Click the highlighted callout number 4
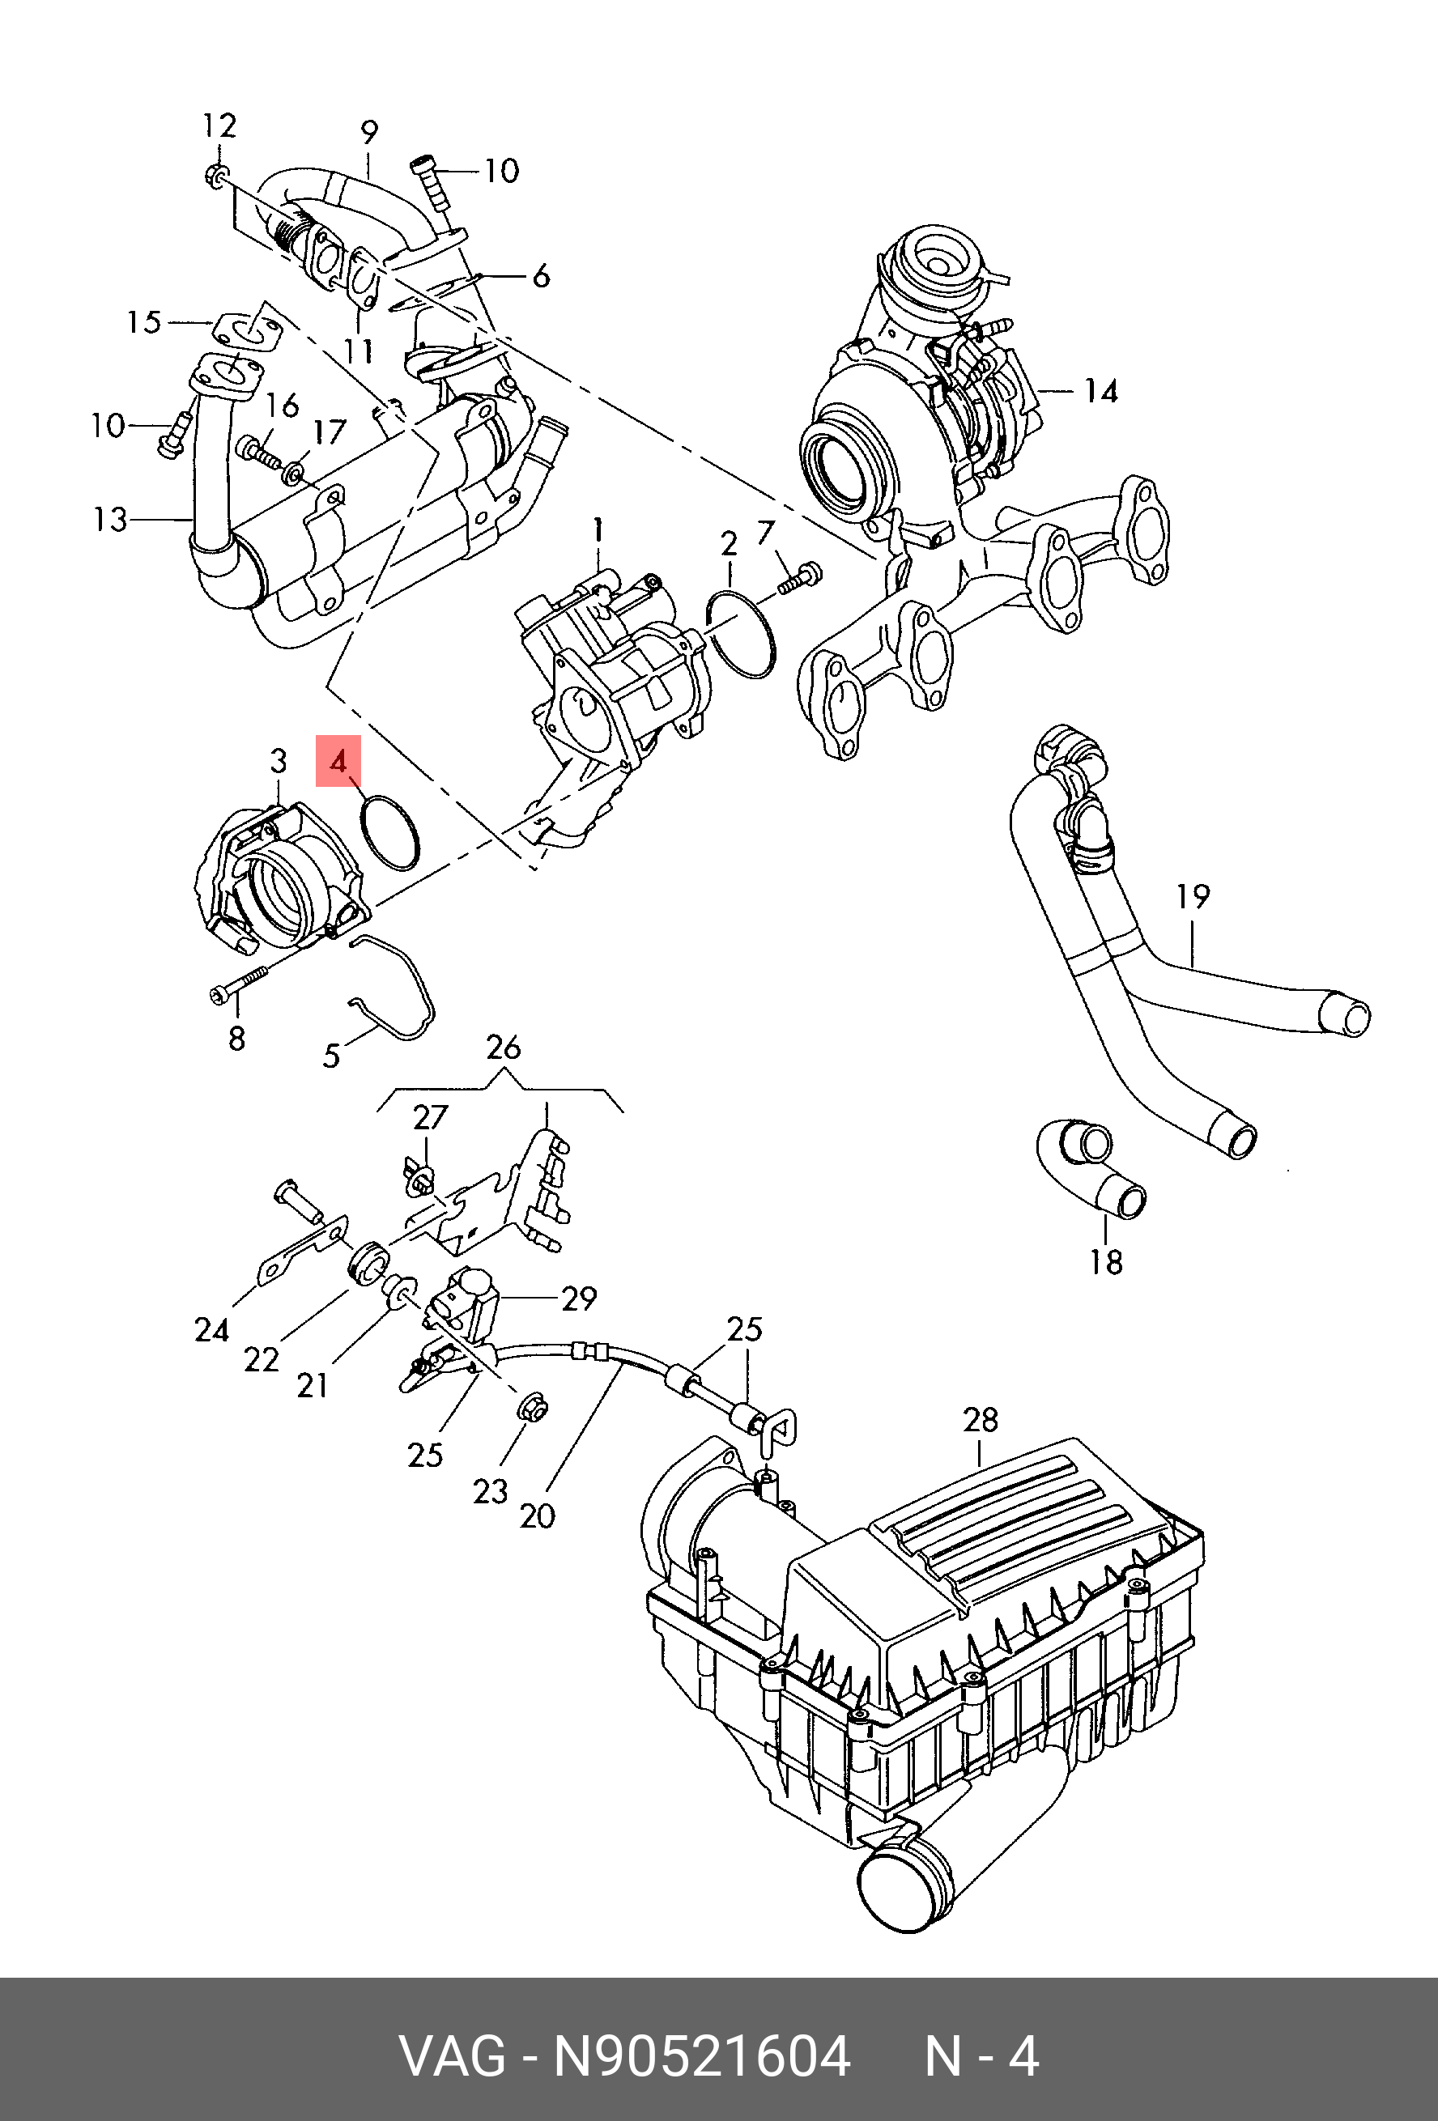click(338, 761)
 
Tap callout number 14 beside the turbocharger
click(1100, 392)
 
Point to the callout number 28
click(981, 1419)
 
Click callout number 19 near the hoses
click(1193, 897)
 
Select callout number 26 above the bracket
click(503, 1047)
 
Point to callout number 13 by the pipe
click(110, 521)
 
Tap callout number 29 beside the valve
click(579, 1298)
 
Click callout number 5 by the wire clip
click(331, 1056)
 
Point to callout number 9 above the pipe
click(369, 132)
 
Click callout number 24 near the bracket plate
click(211, 1331)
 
